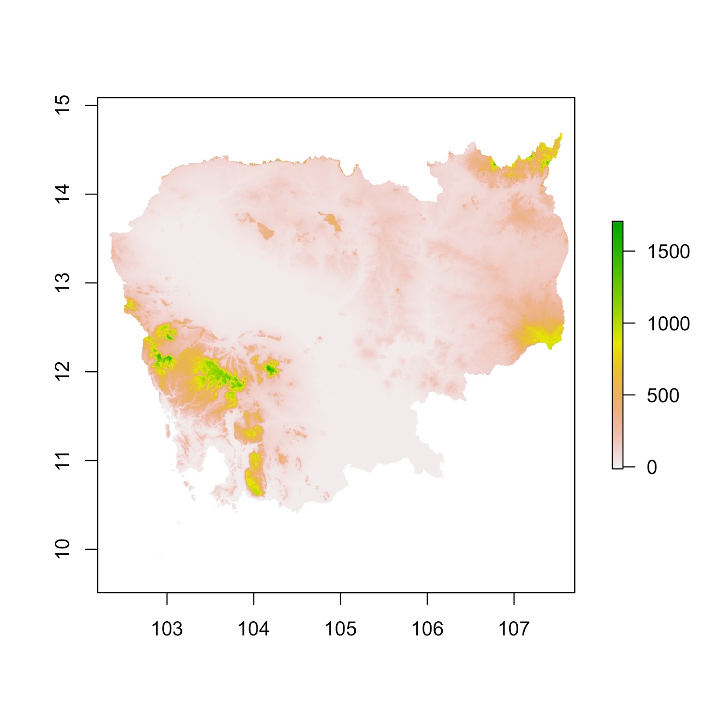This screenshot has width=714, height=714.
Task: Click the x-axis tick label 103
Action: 167,629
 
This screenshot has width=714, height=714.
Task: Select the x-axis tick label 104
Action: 253,629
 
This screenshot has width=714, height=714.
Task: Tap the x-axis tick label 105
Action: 340,629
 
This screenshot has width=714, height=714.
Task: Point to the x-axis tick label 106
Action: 427,629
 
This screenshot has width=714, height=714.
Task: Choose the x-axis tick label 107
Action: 514,629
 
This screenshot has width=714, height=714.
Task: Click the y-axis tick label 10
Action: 62,549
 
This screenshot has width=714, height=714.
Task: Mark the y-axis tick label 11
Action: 62,460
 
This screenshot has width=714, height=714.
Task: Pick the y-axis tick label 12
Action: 62,371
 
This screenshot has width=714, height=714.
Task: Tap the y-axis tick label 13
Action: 62,282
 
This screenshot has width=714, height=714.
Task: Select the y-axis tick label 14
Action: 62,194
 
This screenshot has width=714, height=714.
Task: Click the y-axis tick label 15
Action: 62,105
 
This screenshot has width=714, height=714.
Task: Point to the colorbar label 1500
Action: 668,252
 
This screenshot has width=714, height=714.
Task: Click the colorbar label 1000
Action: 668,324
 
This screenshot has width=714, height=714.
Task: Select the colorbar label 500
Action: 663,395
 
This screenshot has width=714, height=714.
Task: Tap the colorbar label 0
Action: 652,467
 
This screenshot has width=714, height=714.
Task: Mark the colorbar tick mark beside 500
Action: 629,395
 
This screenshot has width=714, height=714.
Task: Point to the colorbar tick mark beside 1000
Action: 629,323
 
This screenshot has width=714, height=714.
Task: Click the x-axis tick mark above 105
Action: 340,599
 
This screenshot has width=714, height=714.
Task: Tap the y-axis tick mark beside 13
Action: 91,282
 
